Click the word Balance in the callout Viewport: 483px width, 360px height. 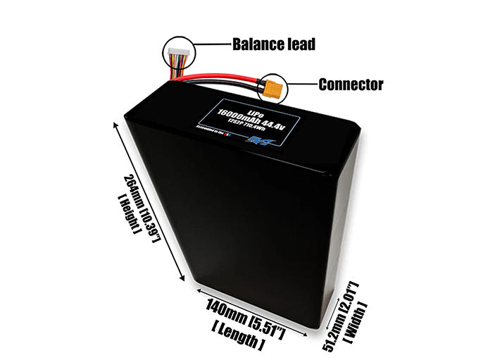click(x=255, y=44)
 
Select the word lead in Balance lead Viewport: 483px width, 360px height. click(x=299, y=44)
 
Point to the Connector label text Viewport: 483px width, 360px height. click(x=351, y=85)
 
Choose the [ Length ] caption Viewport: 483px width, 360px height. click(x=238, y=325)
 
